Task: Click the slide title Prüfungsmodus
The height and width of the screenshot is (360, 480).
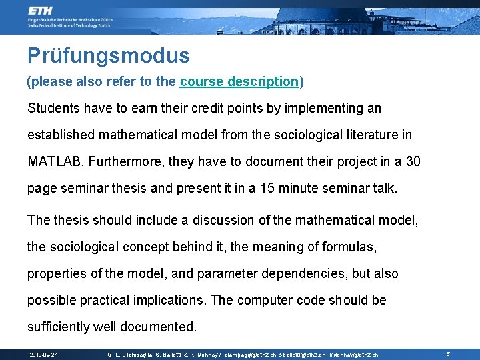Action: tap(109, 55)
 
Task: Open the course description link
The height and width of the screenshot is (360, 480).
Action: tap(239, 82)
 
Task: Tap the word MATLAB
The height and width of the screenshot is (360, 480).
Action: tap(55, 161)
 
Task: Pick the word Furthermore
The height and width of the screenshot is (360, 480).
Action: tap(127, 161)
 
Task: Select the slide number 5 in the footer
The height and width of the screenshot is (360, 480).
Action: tap(448, 355)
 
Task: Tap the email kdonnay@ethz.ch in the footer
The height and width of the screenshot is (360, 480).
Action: tap(354, 355)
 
